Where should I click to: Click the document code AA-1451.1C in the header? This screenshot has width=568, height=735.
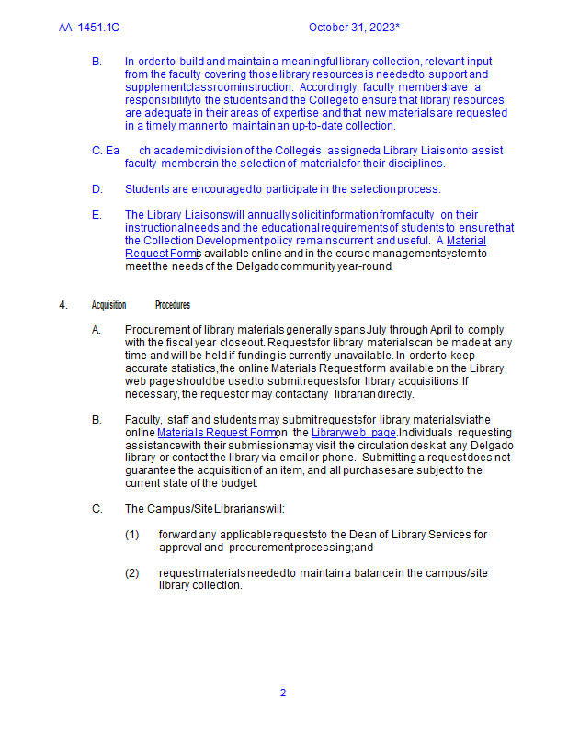(x=89, y=28)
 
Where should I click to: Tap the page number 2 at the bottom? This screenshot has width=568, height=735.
(x=283, y=693)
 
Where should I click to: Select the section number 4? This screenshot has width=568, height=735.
(x=63, y=305)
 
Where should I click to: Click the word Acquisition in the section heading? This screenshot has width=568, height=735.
(x=108, y=305)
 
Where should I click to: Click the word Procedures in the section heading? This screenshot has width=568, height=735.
(x=173, y=305)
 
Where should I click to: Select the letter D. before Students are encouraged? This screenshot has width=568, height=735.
(x=97, y=189)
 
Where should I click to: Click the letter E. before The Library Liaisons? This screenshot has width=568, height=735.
(x=97, y=215)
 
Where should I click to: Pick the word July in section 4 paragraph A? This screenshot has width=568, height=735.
(x=379, y=329)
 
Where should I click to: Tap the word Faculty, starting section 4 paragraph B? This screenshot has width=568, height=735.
(x=145, y=419)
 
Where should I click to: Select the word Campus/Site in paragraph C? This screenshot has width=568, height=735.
(x=180, y=508)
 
